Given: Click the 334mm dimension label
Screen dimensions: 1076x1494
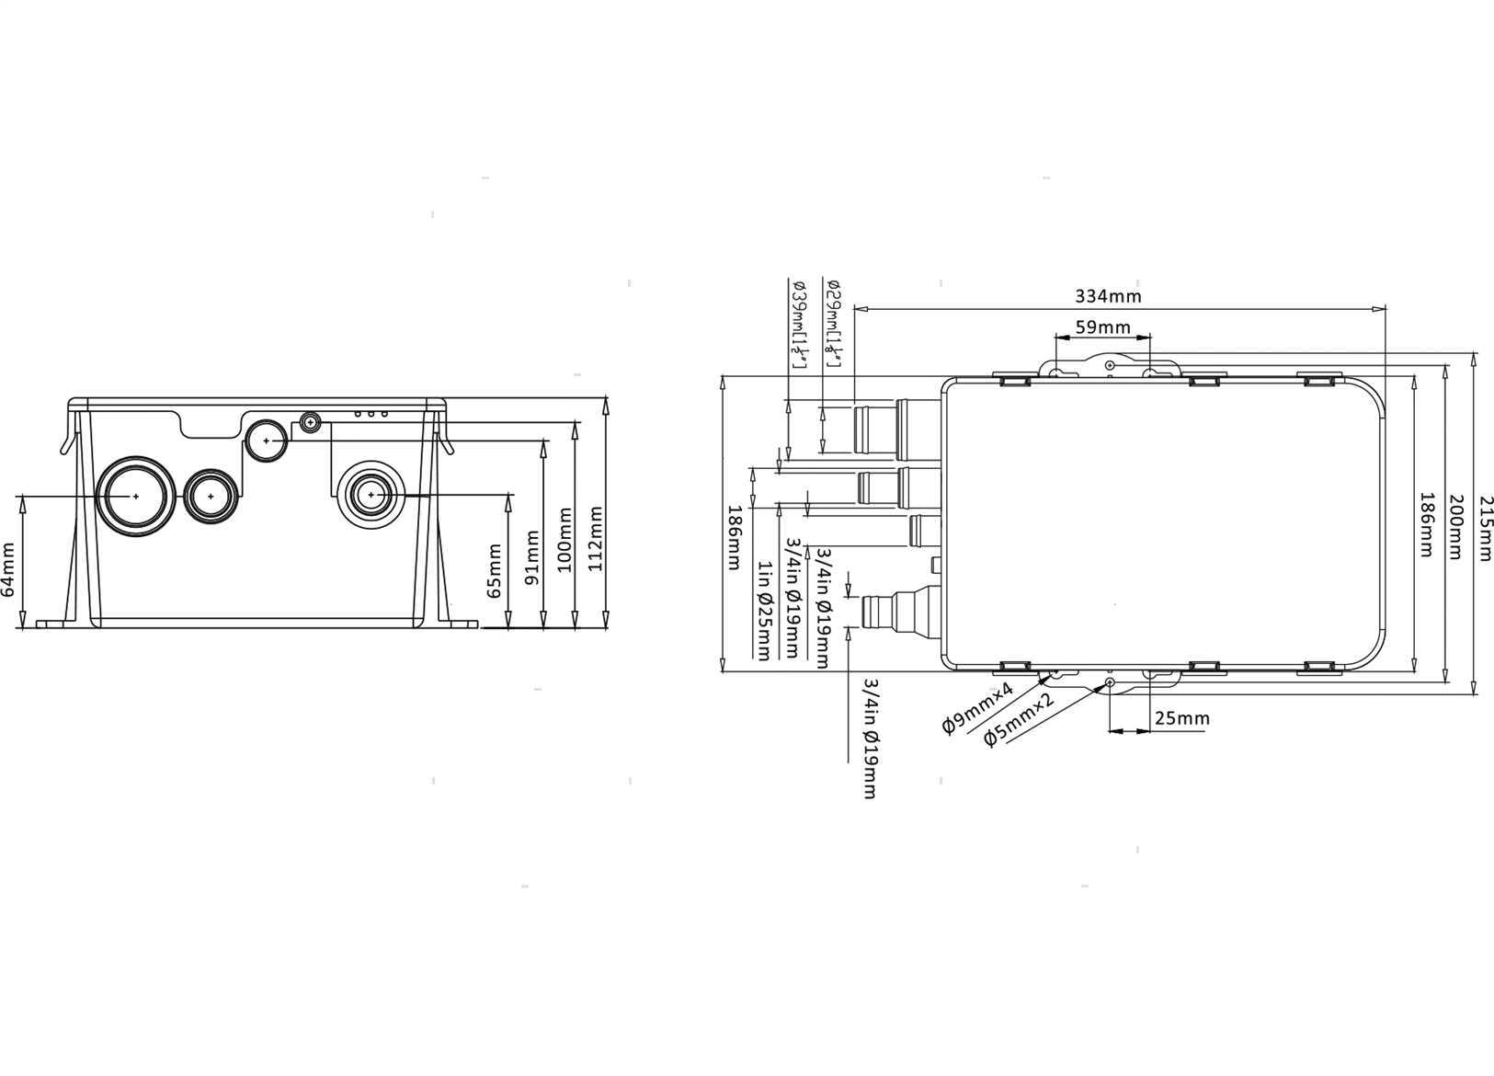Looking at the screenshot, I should [x=1108, y=296].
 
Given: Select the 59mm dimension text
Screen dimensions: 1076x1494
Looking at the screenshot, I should [x=1102, y=327].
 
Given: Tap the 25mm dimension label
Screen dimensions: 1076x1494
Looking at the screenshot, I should [x=1181, y=718].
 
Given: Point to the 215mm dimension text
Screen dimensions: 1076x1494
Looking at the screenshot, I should [x=1485, y=527].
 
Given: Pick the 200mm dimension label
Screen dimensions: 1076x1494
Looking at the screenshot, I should [x=1455, y=526].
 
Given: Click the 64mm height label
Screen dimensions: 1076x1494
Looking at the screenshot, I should [x=8, y=571].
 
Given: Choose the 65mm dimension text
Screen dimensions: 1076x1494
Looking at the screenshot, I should [x=495, y=571].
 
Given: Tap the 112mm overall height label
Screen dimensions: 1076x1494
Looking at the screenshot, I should [x=596, y=538].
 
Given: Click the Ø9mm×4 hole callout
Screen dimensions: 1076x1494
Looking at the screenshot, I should [x=977, y=709].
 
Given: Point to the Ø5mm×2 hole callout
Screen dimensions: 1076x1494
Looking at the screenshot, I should [x=1018, y=721].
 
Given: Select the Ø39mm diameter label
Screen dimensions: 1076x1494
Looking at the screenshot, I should [x=799, y=324].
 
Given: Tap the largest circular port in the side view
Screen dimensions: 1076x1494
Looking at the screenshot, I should [x=135, y=495].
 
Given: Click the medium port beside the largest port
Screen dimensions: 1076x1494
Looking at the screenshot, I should [x=211, y=496].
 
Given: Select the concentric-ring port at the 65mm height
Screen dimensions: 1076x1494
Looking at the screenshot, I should [x=371, y=495].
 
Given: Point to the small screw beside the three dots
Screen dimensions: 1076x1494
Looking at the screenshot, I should [x=311, y=423].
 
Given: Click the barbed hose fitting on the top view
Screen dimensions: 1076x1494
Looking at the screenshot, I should [x=896, y=610].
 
